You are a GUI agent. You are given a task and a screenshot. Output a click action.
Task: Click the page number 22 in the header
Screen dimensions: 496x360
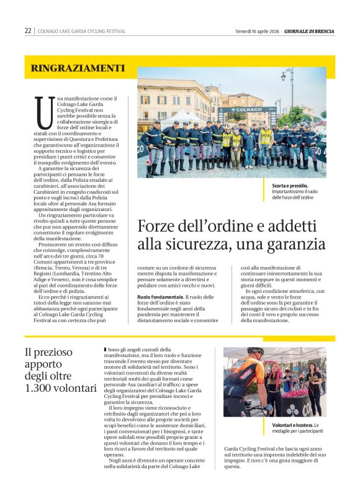pos(28,30)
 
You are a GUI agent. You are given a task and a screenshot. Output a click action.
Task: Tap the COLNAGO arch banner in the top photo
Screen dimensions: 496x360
pos(246,110)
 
